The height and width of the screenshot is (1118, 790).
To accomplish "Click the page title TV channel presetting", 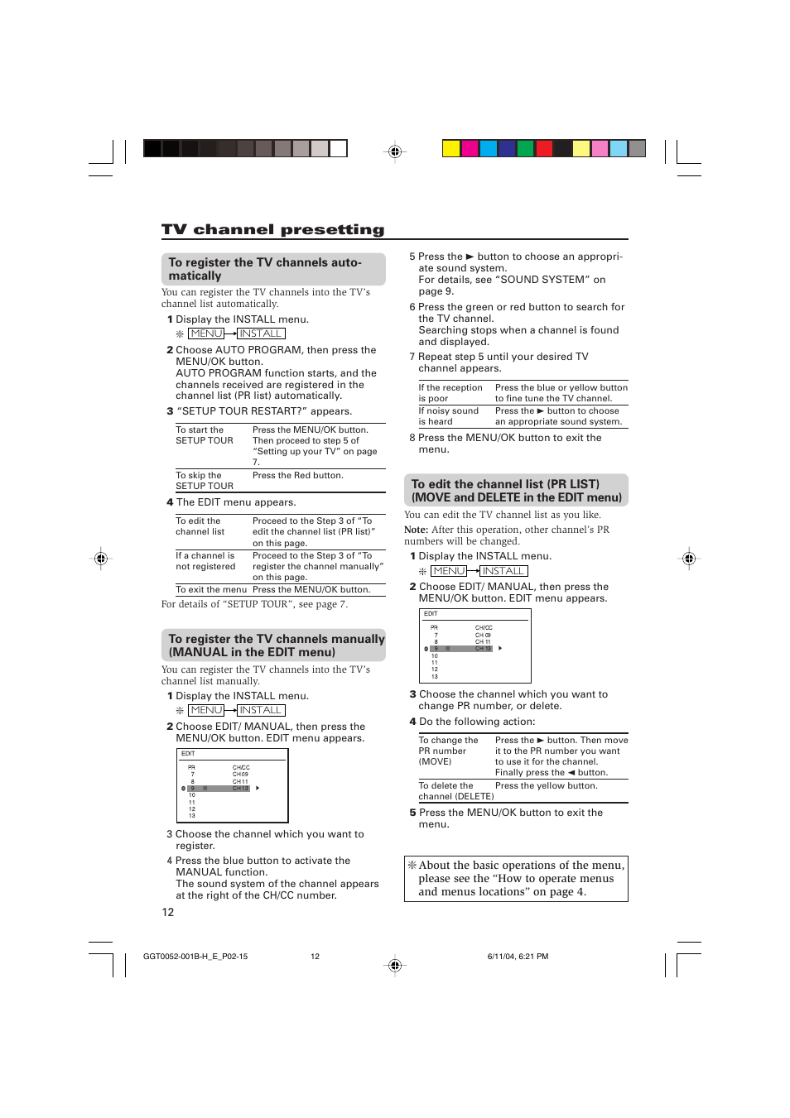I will click(x=272, y=230).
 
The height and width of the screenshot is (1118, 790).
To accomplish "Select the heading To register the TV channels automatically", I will click(x=265, y=269).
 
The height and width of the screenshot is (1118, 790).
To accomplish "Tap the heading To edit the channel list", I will click(x=516, y=491).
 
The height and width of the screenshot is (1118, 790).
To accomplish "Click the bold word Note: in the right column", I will click(x=416, y=530).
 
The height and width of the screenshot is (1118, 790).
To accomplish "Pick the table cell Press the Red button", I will click(x=297, y=476).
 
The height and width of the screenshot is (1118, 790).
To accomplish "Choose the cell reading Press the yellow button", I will click(x=546, y=786).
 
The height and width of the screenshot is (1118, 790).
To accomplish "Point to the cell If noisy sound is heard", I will click(x=448, y=416).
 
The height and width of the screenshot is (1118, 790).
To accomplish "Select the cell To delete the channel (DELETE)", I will click(x=455, y=791).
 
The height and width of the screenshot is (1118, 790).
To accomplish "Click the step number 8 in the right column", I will click(x=412, y=438).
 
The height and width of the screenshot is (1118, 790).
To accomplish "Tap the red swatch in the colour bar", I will click(x=544, y=149).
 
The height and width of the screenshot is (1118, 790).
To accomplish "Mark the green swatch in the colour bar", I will click(x=525, y=149).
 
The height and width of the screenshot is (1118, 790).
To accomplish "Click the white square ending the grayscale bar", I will click(x=339, y=149).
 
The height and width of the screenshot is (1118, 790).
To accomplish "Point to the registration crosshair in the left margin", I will click(x=101, y=559).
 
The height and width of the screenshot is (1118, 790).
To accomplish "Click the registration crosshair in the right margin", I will click(x=689, y=559).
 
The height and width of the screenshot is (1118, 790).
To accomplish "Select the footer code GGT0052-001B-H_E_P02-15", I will click(x=195, y=957).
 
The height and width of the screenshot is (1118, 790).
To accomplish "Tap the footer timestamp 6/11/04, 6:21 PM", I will click(x=518, y=957).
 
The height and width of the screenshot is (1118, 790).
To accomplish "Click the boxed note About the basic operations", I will click(x=516, y=878).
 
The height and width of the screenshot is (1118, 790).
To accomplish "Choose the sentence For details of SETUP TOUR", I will click(x=254, y=604).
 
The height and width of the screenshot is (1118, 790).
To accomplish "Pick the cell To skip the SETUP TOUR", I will click(x=204, y=481).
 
